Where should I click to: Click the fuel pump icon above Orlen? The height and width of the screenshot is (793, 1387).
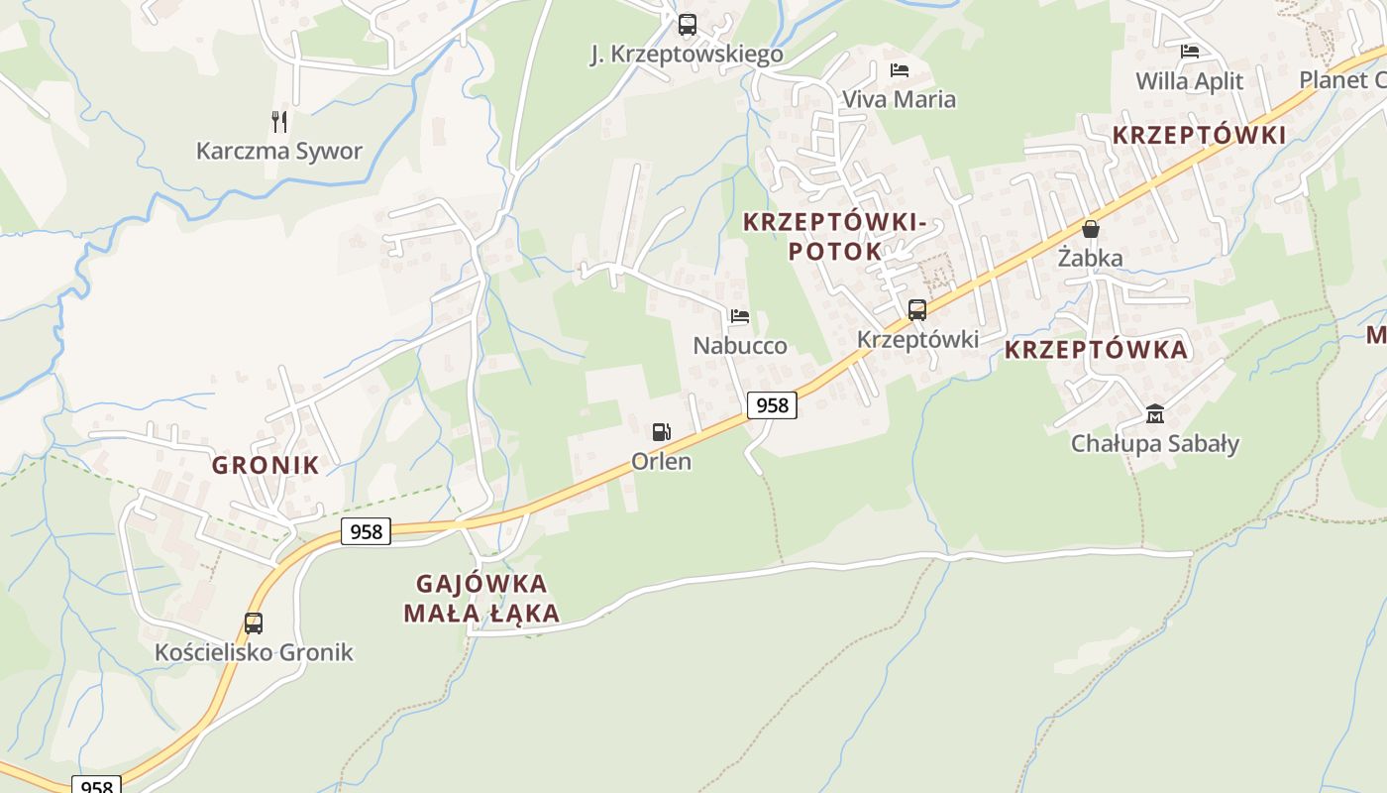[661, 431]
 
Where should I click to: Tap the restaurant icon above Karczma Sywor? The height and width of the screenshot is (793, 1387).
[279, 122]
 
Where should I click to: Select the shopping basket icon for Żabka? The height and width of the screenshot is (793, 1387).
[1091, 229]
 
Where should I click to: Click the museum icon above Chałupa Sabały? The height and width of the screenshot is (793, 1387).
[1154, 413]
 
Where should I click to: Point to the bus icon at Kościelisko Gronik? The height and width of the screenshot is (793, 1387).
[254, 623]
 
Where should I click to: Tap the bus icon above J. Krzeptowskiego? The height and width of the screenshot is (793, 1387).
[687, 25]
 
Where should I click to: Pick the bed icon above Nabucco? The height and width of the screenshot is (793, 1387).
[739, 317]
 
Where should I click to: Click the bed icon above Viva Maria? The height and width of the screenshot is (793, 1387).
[899, 69]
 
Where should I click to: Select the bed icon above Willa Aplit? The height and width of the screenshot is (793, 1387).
[1190, 52]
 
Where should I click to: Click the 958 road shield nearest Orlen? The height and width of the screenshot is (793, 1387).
[772, 404]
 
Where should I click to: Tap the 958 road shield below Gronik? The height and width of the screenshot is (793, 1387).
[366, 531]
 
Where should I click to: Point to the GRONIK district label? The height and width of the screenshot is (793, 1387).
[266, 465]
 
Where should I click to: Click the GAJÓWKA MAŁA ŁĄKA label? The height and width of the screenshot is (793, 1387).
[481, 598]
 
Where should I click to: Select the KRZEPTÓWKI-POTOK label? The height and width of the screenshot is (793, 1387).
[834, 236]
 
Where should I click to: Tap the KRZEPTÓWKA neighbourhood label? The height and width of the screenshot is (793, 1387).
[1096, 350]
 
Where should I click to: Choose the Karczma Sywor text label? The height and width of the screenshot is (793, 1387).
[279, 152]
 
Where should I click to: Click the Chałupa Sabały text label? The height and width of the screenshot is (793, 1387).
[1154, 443]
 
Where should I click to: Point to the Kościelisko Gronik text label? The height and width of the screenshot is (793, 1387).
[254, 652]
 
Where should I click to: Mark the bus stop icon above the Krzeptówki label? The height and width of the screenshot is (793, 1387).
[917, 310]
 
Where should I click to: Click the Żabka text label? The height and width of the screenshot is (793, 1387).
[1090, 259]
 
